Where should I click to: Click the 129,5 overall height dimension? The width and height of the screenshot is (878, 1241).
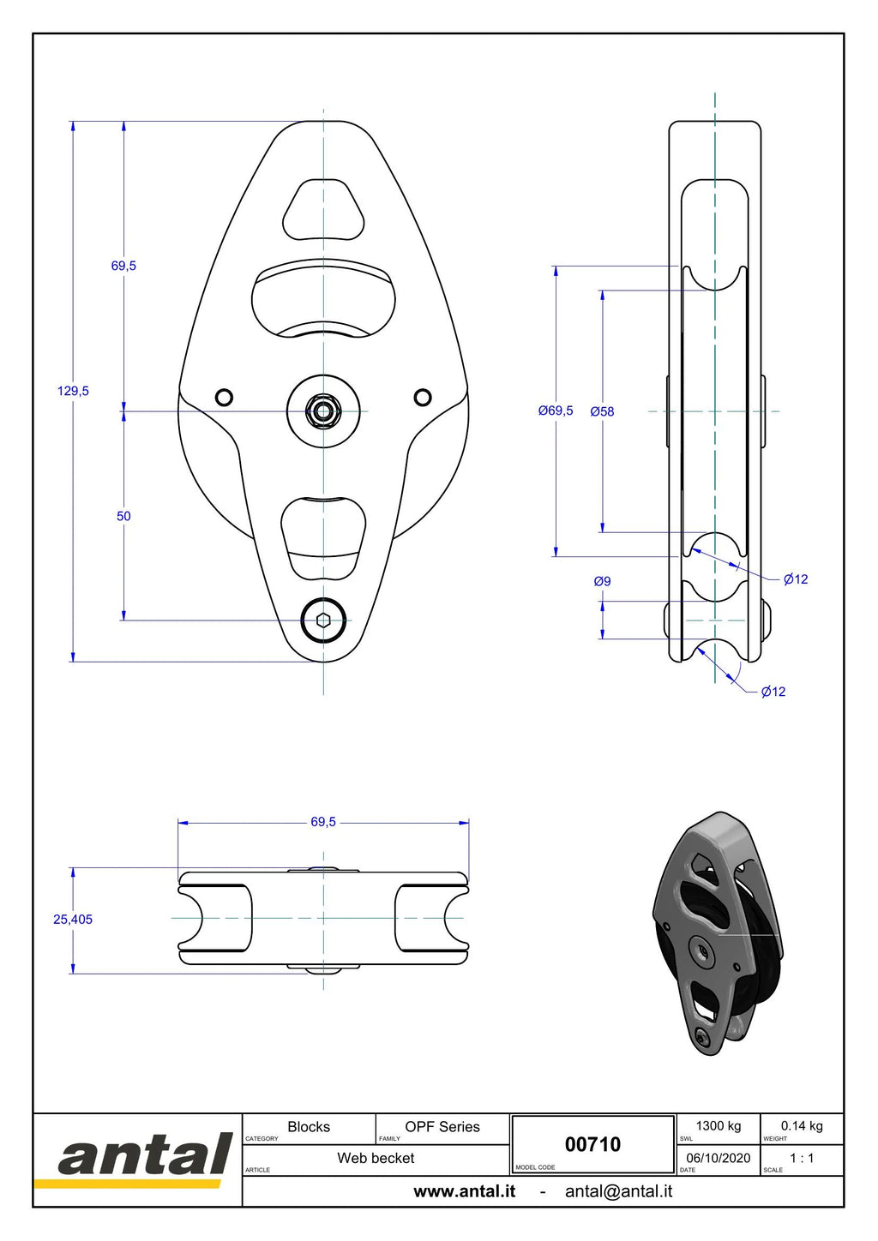[73, 391]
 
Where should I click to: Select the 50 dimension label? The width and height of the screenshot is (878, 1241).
[123, 516]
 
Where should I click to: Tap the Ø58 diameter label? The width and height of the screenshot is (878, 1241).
[602, 411]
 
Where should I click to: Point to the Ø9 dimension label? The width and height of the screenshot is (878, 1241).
[602, 581]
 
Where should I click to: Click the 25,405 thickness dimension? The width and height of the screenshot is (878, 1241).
[73, 920]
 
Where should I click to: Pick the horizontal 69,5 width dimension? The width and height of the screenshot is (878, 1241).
[323, 822]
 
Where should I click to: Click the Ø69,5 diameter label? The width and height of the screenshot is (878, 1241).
[556, 411]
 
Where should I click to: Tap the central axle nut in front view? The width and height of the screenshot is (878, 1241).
[323, 411]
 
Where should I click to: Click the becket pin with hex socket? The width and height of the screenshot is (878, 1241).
[323, 620]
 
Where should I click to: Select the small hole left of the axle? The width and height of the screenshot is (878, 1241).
[225, 397]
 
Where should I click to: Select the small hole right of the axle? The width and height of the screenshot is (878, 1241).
[423, 397]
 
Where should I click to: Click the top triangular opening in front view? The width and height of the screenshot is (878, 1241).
[324, 209]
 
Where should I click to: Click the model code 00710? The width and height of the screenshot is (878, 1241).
[592, 1145]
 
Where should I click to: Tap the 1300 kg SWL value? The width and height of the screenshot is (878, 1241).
[719, 1126]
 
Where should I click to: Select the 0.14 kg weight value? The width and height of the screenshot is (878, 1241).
[802, 1126]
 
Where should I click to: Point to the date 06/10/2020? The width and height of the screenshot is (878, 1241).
[719, 1158]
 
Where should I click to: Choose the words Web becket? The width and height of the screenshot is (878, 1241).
[376, 1158]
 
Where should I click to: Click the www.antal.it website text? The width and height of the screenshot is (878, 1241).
[465, 1191]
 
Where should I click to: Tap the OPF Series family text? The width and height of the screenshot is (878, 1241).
[442, 1126]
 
